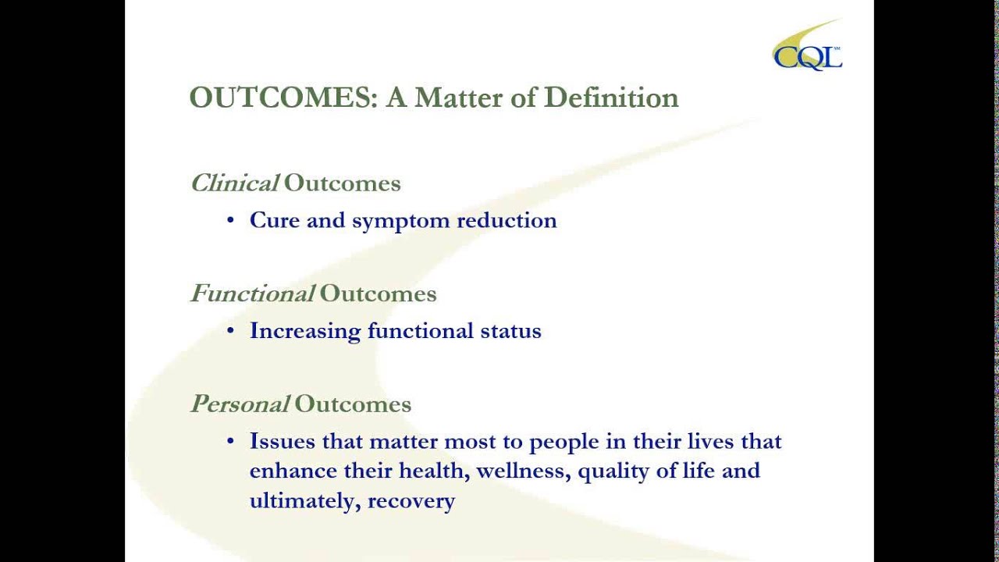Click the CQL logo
click(808, 50)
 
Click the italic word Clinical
click(234, 183)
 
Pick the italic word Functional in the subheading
click(252, 293)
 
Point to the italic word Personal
click(240, 404)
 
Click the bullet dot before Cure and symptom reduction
click(230, 221)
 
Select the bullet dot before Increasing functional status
click(230, 331)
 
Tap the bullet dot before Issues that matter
click(230, 442)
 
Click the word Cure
click(275, 220)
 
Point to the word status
click(510, 331)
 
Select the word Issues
click(283, 441)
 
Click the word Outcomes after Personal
click(353, 404)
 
